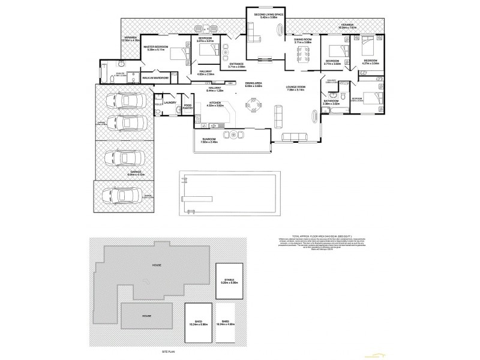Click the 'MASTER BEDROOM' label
(155, 46)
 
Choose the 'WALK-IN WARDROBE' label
(155, 77)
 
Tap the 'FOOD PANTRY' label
(187, 106)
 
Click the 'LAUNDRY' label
(170, 103)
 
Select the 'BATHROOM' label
(331, 101)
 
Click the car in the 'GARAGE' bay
(122, 160)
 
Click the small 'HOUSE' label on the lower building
(146, 316)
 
